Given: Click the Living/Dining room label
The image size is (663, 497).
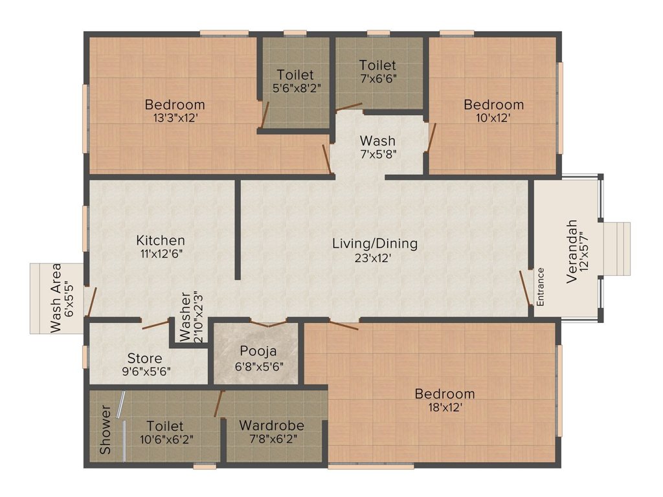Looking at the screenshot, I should [375, 244].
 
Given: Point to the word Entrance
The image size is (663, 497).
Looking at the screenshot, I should [541, 286].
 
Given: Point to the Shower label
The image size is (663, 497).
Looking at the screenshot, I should [106, 430].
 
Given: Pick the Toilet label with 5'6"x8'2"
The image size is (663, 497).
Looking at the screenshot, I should [295, 74].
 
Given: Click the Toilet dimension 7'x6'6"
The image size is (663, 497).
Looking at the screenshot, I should [377, 78].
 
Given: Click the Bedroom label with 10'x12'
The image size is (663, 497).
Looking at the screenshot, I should [493, 105].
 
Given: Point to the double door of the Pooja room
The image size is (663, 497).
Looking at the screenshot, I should [269, 323].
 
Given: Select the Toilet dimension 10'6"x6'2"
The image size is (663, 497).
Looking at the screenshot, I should [164, 439].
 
